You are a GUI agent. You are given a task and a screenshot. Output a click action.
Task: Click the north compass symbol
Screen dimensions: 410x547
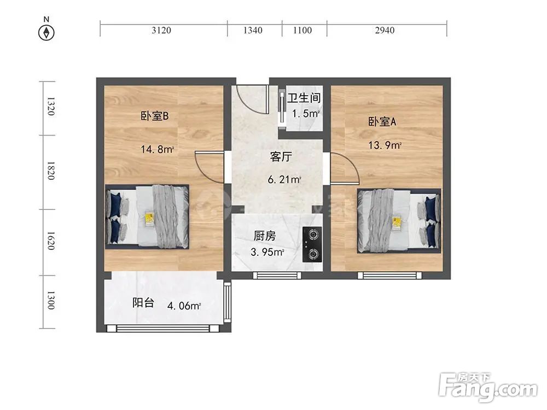pyautogui.click(x=47, y=32)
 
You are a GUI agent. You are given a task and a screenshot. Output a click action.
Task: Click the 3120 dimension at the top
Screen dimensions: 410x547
pyautogui.click(x=161, y=31)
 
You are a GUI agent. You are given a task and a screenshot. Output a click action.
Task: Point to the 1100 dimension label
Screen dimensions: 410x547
pyautogui.click(x=302, y=31)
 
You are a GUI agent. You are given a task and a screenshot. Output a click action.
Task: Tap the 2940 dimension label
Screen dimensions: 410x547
pyautogui.click(x=385, y=31)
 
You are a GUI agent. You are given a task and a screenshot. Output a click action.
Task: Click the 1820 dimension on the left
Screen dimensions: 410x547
pyautogui.click(x=50, y=171)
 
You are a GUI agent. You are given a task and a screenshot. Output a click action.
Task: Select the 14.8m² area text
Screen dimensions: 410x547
pyautogui.click(x=158, y=149)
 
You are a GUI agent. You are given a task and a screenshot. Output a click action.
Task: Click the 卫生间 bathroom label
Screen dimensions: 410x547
pyautogui.click(x=304, y=98)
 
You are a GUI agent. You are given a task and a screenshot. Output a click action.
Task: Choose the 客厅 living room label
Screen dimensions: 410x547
pyautogui.click(x=281, y=157)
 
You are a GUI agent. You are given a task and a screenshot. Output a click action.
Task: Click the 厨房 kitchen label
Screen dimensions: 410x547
pyautogui.click(x=264, y=237)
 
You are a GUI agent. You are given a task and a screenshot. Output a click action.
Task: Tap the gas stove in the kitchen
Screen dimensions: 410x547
pyautogui.click(x=312, y=244)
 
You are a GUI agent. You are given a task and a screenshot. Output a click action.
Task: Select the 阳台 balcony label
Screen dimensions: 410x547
pyautogui.click(x=143, y=303)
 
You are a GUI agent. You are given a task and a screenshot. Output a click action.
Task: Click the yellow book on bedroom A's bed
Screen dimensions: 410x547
pyautogui.click(x=397, y=221)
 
